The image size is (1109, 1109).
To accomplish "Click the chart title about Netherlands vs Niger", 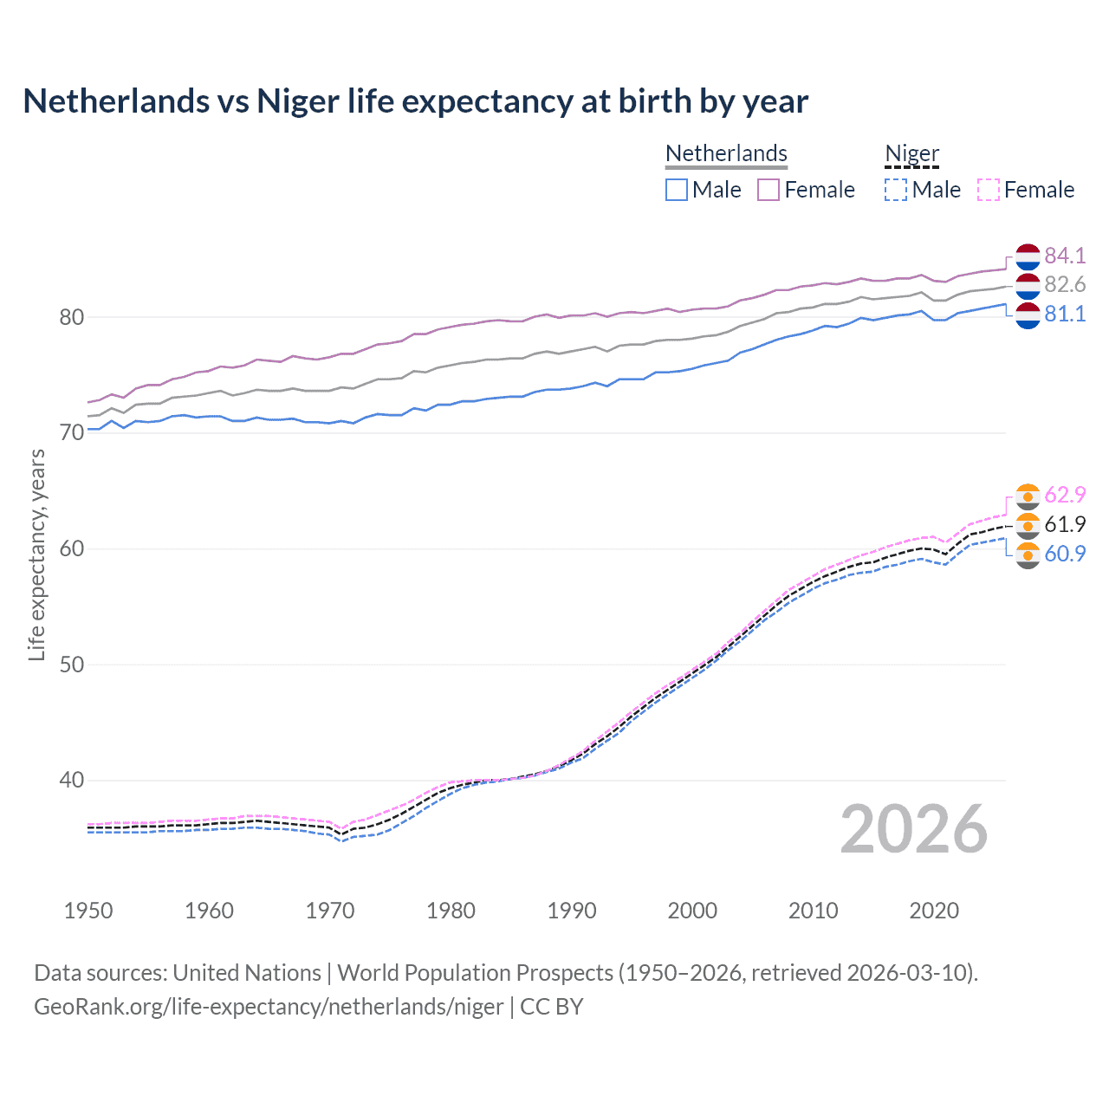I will coord(415,101).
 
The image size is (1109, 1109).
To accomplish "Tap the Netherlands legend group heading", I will coord(726,153).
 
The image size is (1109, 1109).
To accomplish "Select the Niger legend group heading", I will coord(911,153).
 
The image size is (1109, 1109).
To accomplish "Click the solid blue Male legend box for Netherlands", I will coord(677,190).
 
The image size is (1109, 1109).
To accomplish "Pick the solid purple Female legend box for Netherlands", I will coord(769,190).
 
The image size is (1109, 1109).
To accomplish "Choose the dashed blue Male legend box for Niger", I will coord(896,190).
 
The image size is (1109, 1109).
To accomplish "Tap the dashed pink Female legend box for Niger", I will coord(988,190).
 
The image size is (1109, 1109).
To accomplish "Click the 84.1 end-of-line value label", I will coord(1065,256).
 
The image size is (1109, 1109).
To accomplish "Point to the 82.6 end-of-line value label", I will coord(1065,285).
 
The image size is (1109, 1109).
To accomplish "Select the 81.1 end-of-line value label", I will coord(1065,315).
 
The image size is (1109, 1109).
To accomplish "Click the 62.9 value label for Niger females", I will coord(1065,495).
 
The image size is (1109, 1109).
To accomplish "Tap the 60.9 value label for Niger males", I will coord(1065,554).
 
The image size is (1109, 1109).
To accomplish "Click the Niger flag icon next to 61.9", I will coord(1028,525).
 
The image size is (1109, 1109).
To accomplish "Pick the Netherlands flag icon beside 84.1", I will coord(1028,257).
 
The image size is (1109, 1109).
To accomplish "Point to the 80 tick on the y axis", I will coord(72,317).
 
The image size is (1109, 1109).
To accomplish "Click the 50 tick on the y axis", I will coord(72,665).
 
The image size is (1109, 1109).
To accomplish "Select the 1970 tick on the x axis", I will coord(330,911).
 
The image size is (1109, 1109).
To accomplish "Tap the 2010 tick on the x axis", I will coord(813,911).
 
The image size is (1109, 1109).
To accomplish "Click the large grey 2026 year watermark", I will coord(913,829).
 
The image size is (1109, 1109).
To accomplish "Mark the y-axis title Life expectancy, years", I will coord(36,554).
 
